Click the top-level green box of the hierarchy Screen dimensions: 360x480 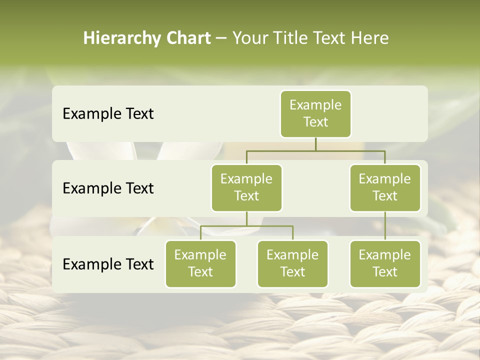coord(315,113)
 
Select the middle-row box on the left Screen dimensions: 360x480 coord(246,187)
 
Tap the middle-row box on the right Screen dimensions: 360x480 coord(385,187)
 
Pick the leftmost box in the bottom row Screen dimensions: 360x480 coord(200,263)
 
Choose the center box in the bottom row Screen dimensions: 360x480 coord(292,263)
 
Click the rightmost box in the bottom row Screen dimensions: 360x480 coord(385,263)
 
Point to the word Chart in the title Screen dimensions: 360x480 coord(186,38)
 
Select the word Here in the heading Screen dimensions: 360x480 coord(370,38)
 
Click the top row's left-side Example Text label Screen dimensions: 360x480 coord(108,113)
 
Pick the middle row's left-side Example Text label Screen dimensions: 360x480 coord(108,188)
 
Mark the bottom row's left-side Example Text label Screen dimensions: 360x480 coord(108,264)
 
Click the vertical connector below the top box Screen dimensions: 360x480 coord(315,144)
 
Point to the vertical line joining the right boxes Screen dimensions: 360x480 coord(385,226)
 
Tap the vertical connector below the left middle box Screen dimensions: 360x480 coord(246,219)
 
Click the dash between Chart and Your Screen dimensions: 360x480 coord(221,38)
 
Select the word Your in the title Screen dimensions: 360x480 coord(249,38)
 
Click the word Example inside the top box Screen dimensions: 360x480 coord(315,105)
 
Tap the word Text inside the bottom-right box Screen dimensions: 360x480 coord(385,272)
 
